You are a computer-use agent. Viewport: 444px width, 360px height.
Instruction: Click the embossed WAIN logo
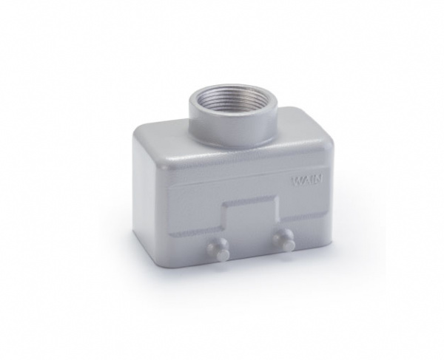307,180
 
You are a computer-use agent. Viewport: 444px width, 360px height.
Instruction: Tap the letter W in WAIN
297,181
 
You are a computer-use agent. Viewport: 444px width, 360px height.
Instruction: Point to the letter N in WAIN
318,180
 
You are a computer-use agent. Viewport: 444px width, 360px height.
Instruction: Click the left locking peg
218,247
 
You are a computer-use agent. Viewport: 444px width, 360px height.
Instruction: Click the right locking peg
283,238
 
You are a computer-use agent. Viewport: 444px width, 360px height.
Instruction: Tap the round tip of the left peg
222,253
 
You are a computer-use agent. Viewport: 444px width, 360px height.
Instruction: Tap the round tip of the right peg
289,244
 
